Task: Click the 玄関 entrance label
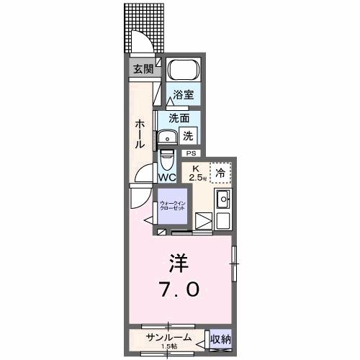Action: click(x=143, y=69)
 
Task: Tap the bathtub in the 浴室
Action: click(x=183, y=71)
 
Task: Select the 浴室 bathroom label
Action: click(x=183, y=95)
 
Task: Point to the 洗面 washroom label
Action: click(x=179, y=118)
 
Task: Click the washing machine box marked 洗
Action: click(x=187, y=135)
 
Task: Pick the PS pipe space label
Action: click(x=191, y=153)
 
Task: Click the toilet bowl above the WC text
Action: click(x=167, y=157)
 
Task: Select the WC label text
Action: click(x=167, y=177)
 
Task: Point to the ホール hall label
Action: click(x=140, y=133)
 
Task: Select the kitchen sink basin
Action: click(x=223, y=199)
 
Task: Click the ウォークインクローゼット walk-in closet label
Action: click(x=173, y=206)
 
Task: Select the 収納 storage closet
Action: click(x=220, y=338)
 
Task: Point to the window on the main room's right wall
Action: click(x=233, y=264)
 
